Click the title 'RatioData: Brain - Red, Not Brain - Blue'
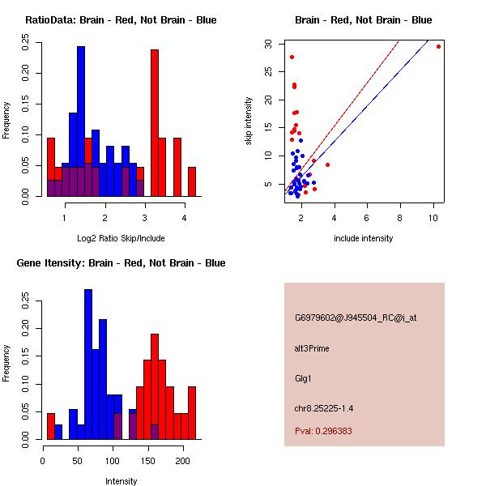(x=121, y=20)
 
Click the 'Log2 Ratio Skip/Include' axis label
(x=121, y=237)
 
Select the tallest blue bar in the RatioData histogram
(x=81, y=122)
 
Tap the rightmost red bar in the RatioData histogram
(x=192, y=181)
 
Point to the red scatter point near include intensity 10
(x=438, y=46)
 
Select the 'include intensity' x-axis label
(x=363, y=238)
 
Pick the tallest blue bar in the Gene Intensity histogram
(x=88, y=364)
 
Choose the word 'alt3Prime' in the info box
(x=312, y=348)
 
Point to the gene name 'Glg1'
(x=303, y=378)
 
